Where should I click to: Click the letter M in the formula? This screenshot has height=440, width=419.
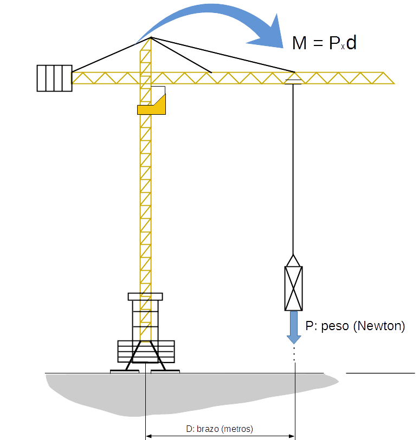299,43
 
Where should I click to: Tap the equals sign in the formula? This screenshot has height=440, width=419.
318,43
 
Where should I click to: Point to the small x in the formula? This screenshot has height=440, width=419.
343,47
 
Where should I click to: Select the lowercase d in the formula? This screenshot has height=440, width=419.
351,43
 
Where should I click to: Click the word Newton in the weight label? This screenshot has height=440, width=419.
379,326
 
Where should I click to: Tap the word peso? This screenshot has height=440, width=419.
334,327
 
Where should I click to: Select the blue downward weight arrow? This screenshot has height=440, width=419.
294,327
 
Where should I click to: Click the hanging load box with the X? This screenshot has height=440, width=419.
293,288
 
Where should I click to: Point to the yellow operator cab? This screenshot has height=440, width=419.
151,104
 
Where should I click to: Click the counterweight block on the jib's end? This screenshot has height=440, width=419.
55,78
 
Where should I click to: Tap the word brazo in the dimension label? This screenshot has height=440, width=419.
208,429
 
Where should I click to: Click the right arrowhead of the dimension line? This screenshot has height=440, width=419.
292,436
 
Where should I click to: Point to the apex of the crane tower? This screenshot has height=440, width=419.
151,37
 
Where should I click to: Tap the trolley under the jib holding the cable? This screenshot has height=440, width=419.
293,82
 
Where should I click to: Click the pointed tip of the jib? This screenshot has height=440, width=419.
394,83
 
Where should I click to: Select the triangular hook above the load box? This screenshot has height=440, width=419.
293,261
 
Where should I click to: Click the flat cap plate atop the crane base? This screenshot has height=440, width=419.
145,297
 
